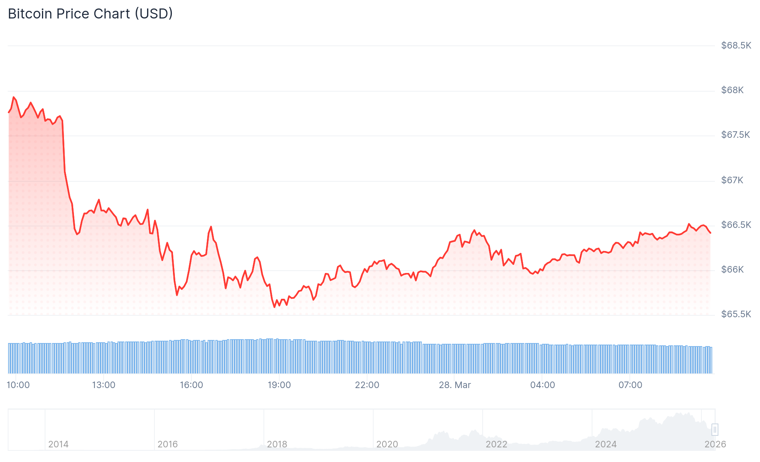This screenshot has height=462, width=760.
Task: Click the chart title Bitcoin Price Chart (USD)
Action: (x=90, y=14)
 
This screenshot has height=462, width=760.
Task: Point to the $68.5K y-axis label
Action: (x=736, y=45)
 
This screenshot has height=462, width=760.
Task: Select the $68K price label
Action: (x=732, y=90)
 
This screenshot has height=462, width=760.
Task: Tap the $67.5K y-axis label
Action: (x=735, y=135)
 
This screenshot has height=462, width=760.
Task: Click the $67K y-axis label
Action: (x=732, y=180)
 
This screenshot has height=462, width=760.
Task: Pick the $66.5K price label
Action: (x=736, y=225)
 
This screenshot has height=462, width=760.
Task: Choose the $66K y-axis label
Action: (x=732, y=269)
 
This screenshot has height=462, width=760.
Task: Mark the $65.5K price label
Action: (x=736, y=314)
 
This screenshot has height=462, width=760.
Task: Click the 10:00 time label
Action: (x=18, y=385)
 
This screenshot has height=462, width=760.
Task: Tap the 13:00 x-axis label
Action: (x=104, y=385)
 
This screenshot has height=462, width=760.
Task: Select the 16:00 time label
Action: (x=191, y=385)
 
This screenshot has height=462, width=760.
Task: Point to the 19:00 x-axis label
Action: (x=279, y=385)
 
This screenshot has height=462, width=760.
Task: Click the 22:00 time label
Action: (x=367, y=385)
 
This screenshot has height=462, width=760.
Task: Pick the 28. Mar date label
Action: (x=455, y=385)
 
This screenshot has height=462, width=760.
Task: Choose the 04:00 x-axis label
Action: (x=542, y=385)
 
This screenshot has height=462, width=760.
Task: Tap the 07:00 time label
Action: (x=630, y=385)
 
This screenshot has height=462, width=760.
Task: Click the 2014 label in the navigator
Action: (x=59, y=444)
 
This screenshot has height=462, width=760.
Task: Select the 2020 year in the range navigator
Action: (x=387, y=444)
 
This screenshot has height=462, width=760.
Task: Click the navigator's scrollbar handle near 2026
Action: (x=715, y=429)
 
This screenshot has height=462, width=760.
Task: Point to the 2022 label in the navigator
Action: (x=497, y=444)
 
